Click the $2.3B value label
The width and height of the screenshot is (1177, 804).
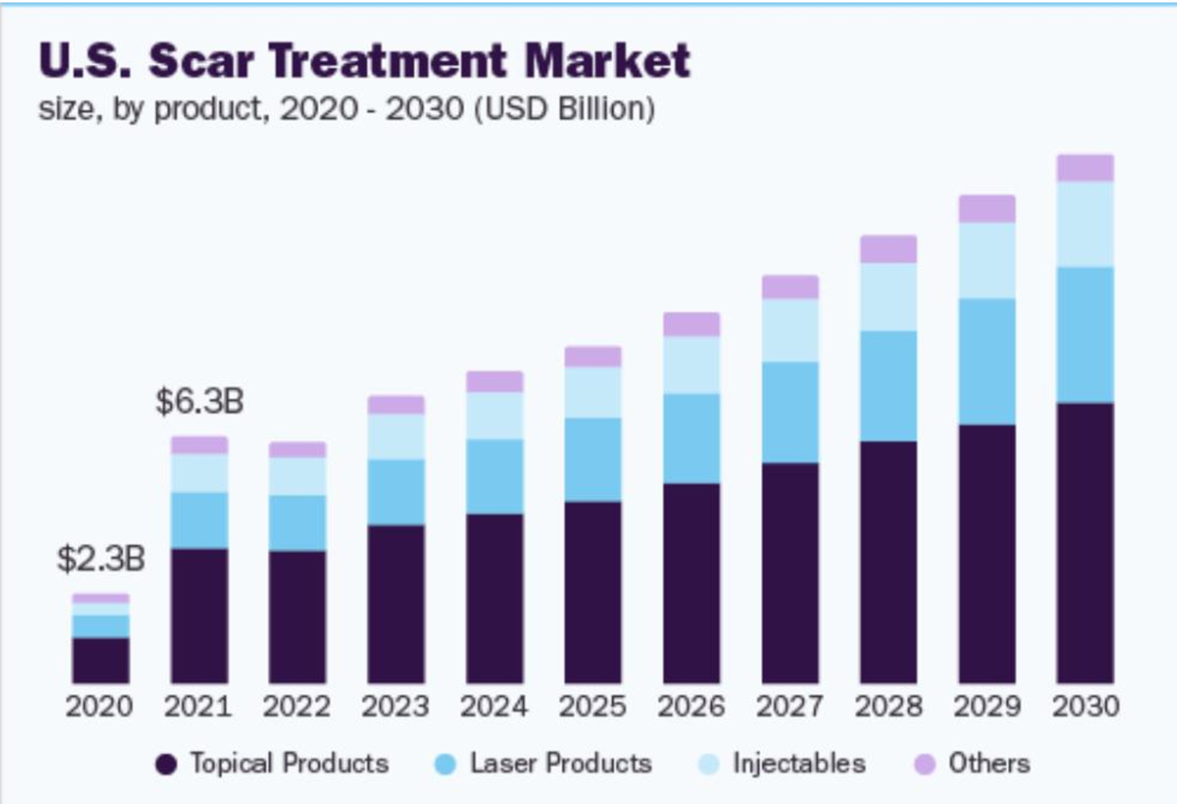pyautogui.click(x=101, y=559)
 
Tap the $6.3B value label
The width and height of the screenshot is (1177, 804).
pyautogui.click(x=199, y=401)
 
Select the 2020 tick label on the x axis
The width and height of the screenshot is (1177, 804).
pyautogui.click(x=99, y=706)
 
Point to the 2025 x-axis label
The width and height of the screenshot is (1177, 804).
pyautogui.click(x=593, y=706)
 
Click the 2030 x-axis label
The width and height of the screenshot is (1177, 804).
pyautogui.click(x=1085, y=706)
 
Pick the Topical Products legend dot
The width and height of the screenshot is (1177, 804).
pyautogui.click(x=166, y=765)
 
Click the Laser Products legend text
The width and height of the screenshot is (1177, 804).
pyautogui.click(x=561, y=763)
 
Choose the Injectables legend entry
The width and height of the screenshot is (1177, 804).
pyautogui.click(x=799, y=763)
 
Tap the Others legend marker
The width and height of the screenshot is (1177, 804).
pyautogui.click(x=924, y=765)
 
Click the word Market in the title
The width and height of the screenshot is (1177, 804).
pyautogui.click(x=607, y=60)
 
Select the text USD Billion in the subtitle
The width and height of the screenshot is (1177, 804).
pyautogui.click(x=565, y=109)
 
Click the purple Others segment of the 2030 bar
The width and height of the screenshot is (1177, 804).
pyautogui.click(x=1085, y=167)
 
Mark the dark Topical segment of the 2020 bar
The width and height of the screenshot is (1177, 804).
pyautogui.click(x=101, y=660)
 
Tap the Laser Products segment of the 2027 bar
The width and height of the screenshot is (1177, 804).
pyautogui.click(x=790, y=412)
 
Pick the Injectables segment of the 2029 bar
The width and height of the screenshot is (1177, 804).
pyautogui.click(x=987, y=261)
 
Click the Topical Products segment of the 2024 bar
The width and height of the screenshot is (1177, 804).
pyautogui.click(x=495, y=598)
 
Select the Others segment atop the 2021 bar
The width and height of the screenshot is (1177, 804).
pyautogui.click(x=199, y=444)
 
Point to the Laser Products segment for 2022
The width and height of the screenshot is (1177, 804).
pyautogui.click(x=298, y=523)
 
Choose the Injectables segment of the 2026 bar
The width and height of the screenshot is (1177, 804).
pyautogui.click(x=691, y=364)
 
